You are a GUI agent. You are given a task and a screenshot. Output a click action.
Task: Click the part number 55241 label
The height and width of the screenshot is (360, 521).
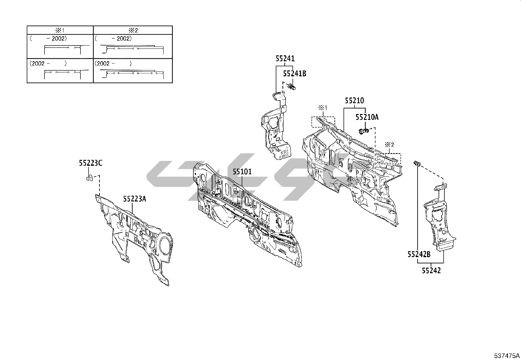pyautogui.click(x=285, y=59)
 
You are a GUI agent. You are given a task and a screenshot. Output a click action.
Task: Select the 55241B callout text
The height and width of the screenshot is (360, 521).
pyautogui.click(x=295, y=74)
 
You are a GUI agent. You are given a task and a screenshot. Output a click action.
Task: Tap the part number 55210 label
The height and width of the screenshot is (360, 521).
pyautogui.click(x=354, y=101)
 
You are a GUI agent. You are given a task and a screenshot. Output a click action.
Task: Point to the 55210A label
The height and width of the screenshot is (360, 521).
pyautogui.click(x=367, y=117)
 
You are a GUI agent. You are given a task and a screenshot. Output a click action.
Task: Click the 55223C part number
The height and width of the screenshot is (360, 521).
pyautogui.click(x=90, y=163)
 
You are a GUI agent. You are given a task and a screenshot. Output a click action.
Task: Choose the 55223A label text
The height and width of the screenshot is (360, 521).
pyautogui.click(x=135, y=199)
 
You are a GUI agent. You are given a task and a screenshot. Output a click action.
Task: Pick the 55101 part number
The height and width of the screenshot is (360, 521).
pyautogui.click(x=242, y=172)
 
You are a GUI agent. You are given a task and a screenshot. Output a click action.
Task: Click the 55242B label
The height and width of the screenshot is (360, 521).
pyautogui.click(x=419, y=254)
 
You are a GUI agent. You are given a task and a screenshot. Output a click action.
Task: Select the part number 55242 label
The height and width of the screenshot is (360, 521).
pyautogui.click(x=431, y=271)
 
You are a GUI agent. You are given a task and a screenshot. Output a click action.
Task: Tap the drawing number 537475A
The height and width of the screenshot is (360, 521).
pyautogui.click(x=507, y=355)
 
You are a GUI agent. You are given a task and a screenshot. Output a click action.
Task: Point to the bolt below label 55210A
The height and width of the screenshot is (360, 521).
pyautogui.click(x=364, y=131)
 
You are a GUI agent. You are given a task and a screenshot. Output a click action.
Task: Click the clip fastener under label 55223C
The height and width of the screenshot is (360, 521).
pyautogui.click(x=90, y=178)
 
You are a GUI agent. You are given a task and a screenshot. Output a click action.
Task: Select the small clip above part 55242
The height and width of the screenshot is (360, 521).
pyautogui.click(x=417, y=163)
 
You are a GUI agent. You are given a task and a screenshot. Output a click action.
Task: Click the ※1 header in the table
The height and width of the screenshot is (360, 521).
pyautogui.click(x=60, y=30)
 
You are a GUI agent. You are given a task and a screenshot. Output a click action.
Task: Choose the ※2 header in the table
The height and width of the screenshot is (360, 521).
pyautogui.click(x=133, y=30)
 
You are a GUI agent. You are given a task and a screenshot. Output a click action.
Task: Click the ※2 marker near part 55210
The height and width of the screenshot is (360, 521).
pyautogui.click(x=389, y=144)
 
